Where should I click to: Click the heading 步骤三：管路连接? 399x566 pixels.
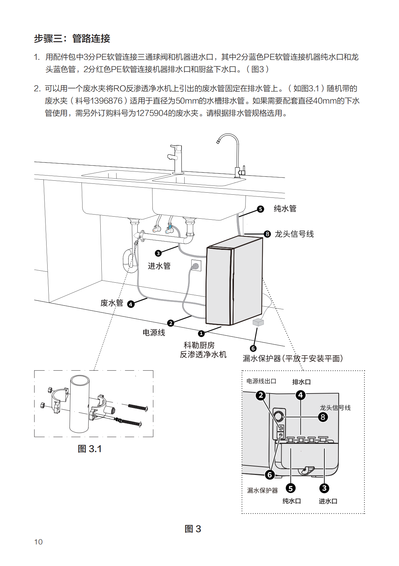click(x=72, y=39)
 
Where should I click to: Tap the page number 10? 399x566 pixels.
click(x=38, y=542)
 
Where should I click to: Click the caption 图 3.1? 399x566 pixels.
click(x=90, y=449)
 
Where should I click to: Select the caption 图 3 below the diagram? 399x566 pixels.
click(x=193, y=529)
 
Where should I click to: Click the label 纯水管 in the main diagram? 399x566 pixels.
click(x=285, y=209)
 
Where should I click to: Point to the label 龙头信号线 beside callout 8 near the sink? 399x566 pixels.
click(x=294, y=234)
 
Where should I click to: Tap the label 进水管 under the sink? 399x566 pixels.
click(x=159, y=266)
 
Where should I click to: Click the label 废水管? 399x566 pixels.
click(x=112, y=303)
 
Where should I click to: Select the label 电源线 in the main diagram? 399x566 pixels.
click(x=154, y=333)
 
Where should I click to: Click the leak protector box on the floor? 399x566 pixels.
click(x=258, y=322)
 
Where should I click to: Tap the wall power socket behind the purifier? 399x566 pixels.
click(x=196, y=266)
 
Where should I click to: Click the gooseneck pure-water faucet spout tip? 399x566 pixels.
click(x=218, y=141)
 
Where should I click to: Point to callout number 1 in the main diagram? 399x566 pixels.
click(x=201, y=333)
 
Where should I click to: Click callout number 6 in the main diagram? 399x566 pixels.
click(x=253, y=348)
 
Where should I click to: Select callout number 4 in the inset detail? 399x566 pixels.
click(x=301, y=395)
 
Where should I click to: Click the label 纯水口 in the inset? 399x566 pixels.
click(x=292, y=501)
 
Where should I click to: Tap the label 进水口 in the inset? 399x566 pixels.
click(x=328, y=501)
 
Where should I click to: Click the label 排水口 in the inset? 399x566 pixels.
click(x=301, y=382)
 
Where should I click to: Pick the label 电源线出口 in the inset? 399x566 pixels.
click(x=261, y=381)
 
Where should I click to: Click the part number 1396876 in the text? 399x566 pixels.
click(x=106, y=101)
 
